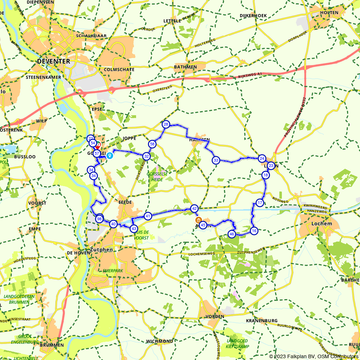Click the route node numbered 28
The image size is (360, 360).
click(x=166, y=125)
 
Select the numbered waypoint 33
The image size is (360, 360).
click(x=216, y=160)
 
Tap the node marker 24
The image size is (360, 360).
click(x=262, y=158)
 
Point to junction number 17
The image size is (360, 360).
click(x=260, y=203)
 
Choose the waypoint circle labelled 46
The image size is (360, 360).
click(x=231, y=234)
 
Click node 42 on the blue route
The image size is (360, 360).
click(x=194, y=208)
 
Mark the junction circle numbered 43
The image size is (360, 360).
click(x=134, y=228)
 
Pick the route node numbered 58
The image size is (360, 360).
click(x=152, y=144)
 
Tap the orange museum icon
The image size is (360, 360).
click(x=198, y=220)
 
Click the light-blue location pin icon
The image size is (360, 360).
click(x=109, y=155)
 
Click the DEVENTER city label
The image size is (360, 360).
click(x=54, y=62)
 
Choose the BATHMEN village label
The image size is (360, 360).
click(x=185, y=67)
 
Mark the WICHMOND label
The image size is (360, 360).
click(x=159, y=341)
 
